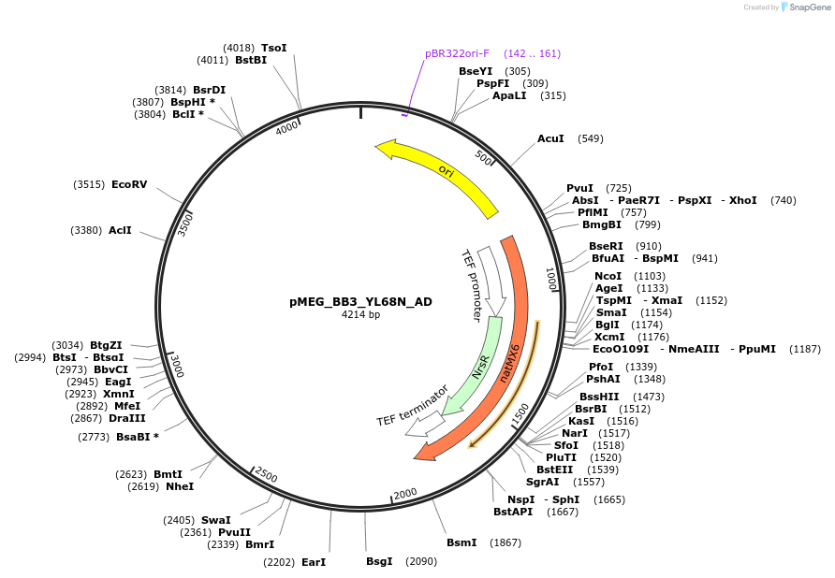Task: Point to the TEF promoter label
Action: click(x=474, y=285)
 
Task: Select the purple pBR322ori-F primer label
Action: click(x=457, y=53)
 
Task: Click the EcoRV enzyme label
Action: click(x=129, y=184)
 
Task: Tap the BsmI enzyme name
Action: click(x=461, y=542)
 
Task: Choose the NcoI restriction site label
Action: click(x=608, y=276)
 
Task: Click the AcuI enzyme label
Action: click(x=550, y=138)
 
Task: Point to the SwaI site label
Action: click(x=215, y=520)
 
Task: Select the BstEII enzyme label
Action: click(x=554, y=470)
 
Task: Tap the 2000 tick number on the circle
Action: click(x=404, y=494)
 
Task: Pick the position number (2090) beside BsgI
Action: click(x=420, y=561)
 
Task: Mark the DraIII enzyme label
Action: click(x=126, y=418)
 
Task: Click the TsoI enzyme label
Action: click(x=273, y=48)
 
